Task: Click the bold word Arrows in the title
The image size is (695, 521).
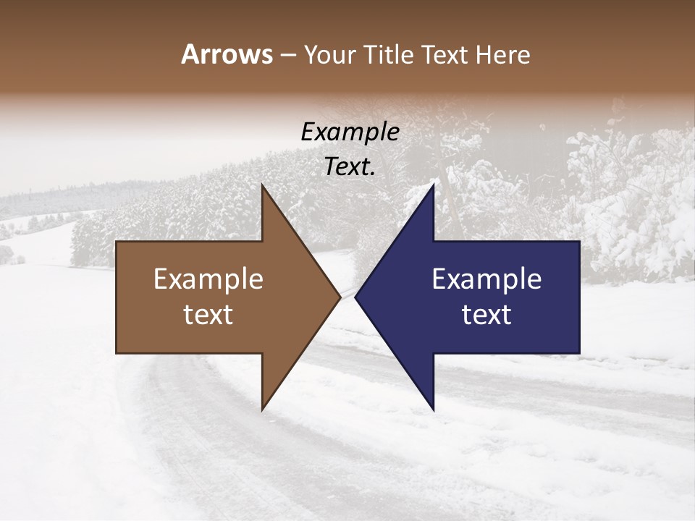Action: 227,54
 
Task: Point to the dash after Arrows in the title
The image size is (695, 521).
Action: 287,56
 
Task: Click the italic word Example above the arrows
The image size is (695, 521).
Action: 350,132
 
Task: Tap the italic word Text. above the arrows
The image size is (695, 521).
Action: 350,167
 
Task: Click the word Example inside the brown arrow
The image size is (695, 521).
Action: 208,279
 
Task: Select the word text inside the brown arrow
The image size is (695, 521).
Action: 208,315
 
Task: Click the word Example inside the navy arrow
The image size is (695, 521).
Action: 486,279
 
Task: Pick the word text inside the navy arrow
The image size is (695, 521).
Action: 486,315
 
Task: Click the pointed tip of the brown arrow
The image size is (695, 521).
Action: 340,297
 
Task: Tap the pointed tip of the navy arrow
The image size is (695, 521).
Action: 355,297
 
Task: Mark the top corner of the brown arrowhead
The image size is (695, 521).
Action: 262,185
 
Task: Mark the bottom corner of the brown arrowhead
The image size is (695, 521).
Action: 262,410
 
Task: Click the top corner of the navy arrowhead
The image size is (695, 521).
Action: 433,185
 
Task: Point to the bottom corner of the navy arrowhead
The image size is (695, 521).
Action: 433,410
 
